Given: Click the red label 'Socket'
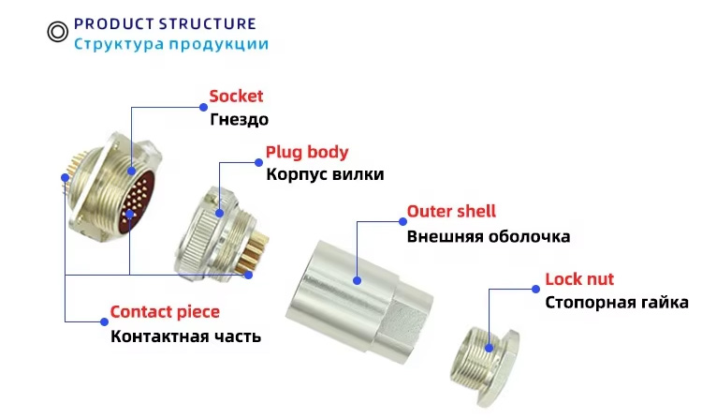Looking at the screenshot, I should (236, 96).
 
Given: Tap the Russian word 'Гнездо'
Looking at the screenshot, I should (239, 119).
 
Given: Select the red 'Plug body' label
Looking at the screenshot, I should (307, 151).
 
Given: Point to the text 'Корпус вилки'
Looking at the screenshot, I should (325, 173).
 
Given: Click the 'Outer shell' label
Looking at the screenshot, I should (451, 212).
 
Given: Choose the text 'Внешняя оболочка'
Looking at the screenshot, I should (488, 236).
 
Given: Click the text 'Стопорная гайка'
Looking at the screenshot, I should (616, 303).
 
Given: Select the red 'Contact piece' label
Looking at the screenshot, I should (165, 312).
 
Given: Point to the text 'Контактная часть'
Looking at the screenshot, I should (185, 336).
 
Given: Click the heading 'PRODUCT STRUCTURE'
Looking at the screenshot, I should (164, 22).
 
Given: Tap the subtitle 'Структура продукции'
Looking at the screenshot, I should (171, 43).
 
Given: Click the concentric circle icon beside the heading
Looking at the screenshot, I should (58, 32).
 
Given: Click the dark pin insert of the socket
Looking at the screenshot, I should (142, 197).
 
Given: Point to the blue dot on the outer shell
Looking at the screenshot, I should (357, 278).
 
